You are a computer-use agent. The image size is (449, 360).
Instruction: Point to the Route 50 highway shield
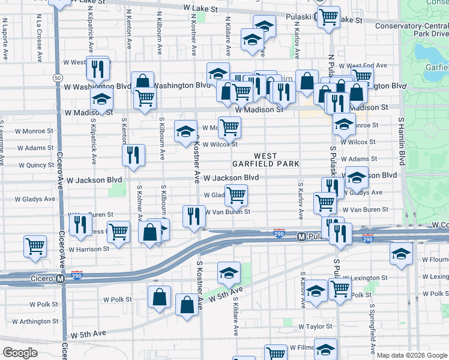pyautogui.click(x=58, y=78)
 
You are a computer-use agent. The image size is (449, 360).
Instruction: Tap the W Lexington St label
pyautogui.click(x=367, y=278)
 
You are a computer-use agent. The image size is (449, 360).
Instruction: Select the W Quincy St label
pyautogui.click(x=36, y=165)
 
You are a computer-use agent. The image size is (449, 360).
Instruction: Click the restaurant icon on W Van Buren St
pyautogui.click(x=193, y=215)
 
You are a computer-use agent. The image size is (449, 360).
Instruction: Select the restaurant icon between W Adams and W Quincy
pyautogui.click(x=133, y=155)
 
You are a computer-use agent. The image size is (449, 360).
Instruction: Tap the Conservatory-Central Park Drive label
pyautogui.click(x=411, y=29)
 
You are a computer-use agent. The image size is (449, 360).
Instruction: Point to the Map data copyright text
pyautogui.click(x=412, y=355)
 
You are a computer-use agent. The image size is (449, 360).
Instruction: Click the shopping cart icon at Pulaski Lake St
pyautogui.click(x=328, y=17)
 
